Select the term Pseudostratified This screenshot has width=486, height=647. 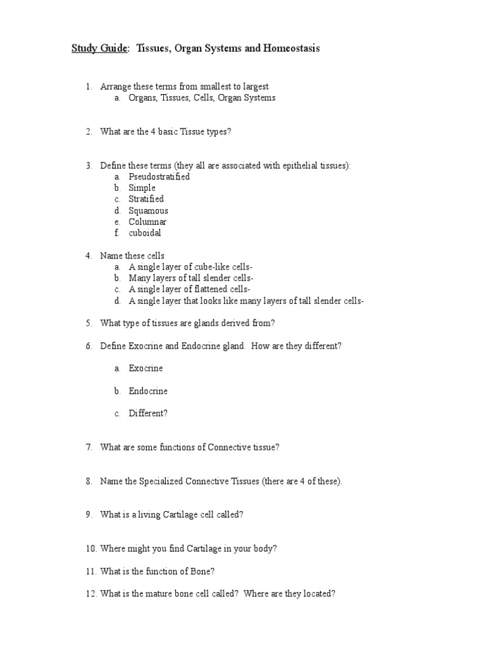159,177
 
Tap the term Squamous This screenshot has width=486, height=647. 148,210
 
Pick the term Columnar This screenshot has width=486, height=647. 147,222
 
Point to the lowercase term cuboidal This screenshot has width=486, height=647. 145,233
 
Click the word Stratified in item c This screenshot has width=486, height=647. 146,199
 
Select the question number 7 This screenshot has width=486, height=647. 89,447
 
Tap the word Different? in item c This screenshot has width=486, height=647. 148,414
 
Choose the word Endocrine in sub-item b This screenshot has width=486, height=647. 148,391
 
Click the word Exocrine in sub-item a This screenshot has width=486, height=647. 146,368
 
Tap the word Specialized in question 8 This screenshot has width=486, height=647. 157,481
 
